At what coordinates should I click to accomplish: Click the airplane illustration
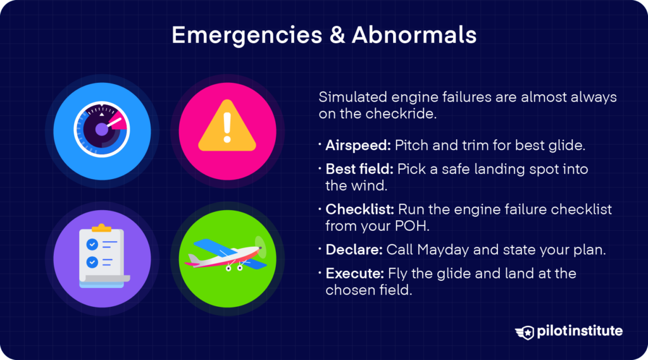tap(225, 253)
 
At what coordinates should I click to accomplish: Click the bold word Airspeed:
tap(358, 146)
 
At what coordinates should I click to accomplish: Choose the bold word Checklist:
tap(357, 209)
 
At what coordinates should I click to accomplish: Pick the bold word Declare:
tap(353, 250)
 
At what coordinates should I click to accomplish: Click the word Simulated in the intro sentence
tap(349, 98)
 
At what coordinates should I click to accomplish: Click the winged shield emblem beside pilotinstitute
tap(526, 332)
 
